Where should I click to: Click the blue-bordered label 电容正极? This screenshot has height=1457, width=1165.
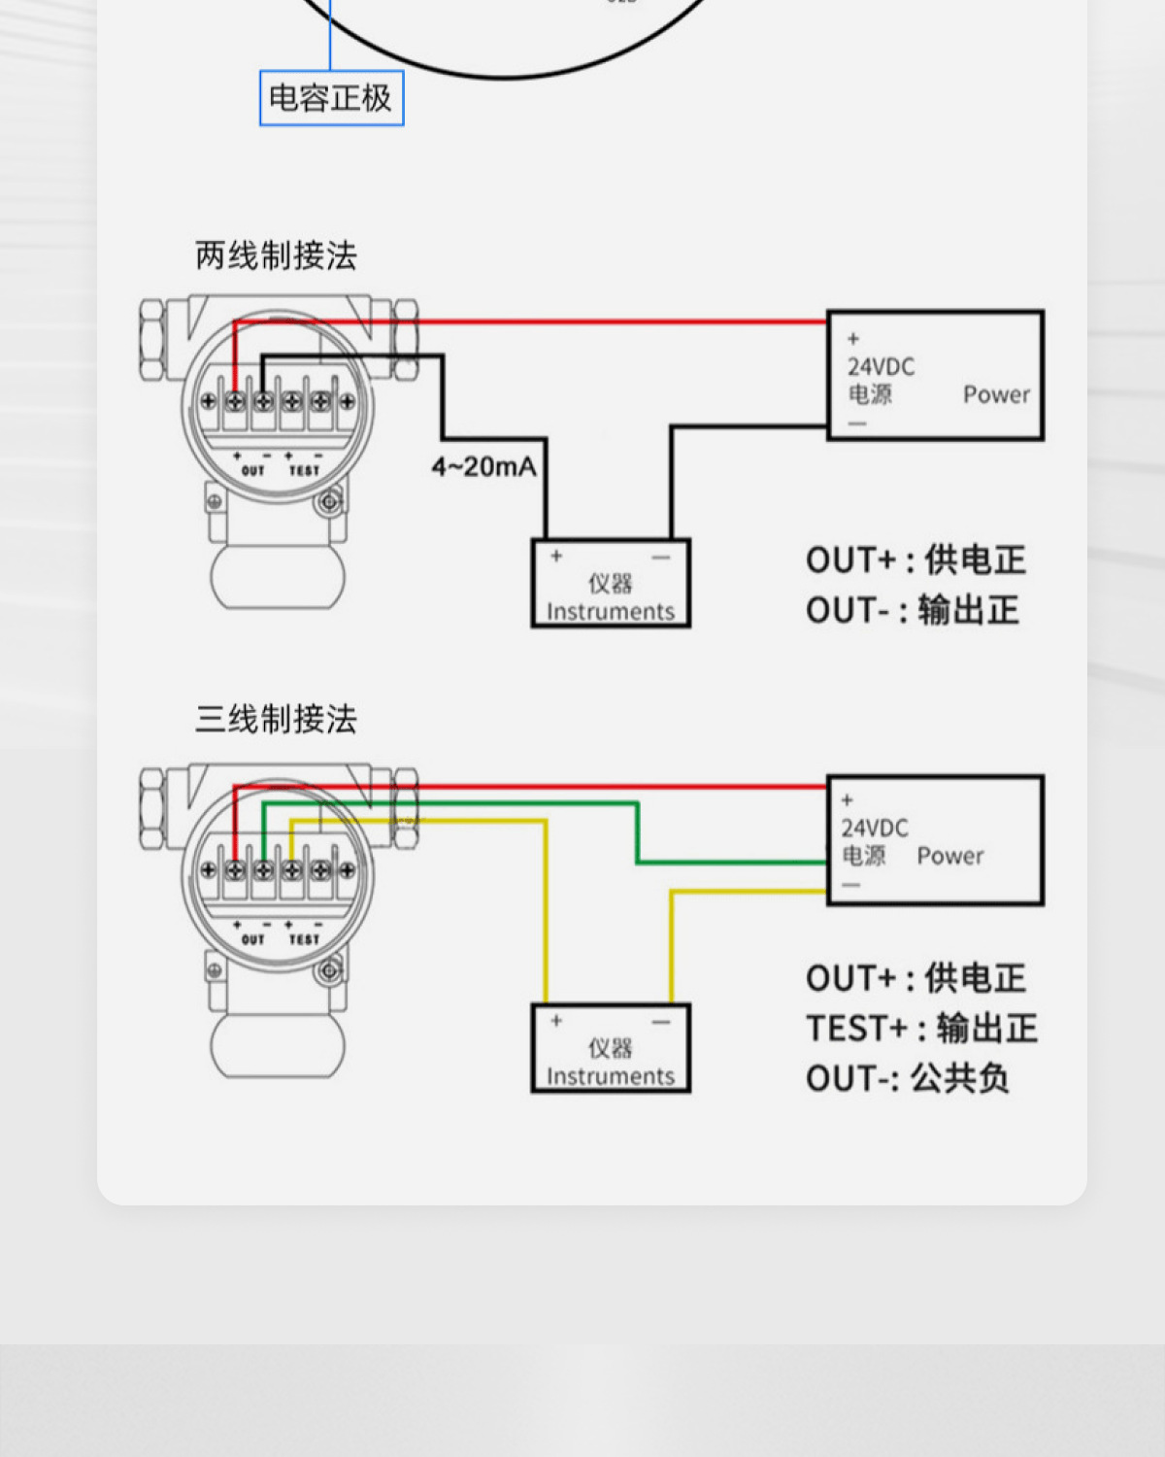pos(331,98)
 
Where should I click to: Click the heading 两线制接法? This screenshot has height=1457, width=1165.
pos(276,255)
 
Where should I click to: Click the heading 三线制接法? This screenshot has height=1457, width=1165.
pos(276,719)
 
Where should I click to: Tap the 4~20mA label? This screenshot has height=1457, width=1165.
pos(483,467)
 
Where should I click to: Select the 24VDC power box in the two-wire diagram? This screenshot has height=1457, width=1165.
pos(935,376)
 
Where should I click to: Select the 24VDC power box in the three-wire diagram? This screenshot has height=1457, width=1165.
pos(935,840)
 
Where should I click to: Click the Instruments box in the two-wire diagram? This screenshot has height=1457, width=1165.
pos(611,584)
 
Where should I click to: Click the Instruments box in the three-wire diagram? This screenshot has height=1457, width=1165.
pos(611,1048)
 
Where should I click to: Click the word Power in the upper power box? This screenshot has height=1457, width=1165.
pos(996,394)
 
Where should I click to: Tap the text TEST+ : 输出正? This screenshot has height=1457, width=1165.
pos(921,1028)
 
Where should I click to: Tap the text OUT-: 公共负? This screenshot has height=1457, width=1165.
pos(907,1078)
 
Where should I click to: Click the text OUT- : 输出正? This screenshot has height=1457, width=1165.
pos(912,610)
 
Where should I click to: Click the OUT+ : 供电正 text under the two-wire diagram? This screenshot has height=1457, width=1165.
pos(915,559)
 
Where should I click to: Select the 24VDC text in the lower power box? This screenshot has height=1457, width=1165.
pos(875,828)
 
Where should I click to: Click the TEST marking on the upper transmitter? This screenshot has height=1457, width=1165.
pos(304,471)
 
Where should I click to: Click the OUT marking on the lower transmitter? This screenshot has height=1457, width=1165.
pos(252,939)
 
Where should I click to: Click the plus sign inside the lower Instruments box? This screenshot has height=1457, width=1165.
pos(556,1021)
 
